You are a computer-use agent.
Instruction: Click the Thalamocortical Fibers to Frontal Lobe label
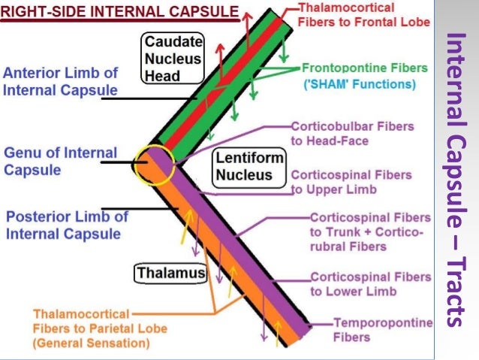click(366, 13)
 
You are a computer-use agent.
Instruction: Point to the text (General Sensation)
click(90, 343)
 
